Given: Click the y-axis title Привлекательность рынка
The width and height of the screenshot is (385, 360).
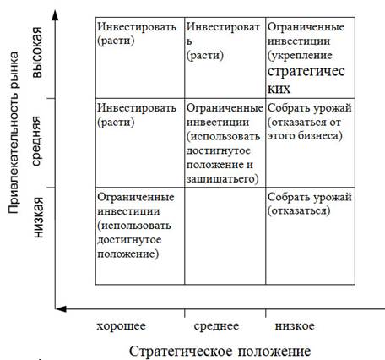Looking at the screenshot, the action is tap(13, 133).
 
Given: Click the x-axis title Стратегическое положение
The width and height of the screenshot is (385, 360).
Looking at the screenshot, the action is tap(220, 352).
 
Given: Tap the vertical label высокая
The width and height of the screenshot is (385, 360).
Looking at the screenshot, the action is tap(38, 52).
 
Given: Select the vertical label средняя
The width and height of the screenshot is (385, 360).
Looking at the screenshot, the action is tap(37, 141).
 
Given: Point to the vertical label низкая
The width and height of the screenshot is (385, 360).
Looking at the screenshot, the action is tap(38, 217).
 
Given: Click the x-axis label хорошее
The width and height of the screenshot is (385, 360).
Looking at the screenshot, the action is tap(122, 326).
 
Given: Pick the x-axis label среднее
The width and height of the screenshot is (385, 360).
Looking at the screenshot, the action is tap(216, 326).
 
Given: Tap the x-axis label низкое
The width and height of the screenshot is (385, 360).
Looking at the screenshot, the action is tap(295, 326).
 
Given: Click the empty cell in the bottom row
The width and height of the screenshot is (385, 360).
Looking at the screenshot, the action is tap(225, 236).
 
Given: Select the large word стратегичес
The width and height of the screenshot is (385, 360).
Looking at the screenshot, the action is tap(306, 72).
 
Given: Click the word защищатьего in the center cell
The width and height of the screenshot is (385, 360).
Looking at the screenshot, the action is tap(222, 179).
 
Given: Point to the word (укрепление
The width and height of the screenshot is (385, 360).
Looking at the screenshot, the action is tap(300, 56).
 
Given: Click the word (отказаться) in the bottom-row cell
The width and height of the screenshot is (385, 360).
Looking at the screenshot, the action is tap(299, 210).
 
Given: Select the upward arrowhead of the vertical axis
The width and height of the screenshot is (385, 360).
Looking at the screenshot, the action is tap(56, 15).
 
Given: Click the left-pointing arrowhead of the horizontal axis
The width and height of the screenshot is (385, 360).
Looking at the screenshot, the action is tap(61, 309).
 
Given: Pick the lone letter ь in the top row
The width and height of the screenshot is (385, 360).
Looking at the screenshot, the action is tap(189, 41).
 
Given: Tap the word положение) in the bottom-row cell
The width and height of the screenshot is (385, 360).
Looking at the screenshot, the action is tap(128, 254).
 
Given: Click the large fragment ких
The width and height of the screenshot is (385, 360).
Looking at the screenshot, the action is tap(279, 89).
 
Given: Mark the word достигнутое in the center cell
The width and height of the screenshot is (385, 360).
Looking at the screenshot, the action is tap(219, 150).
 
